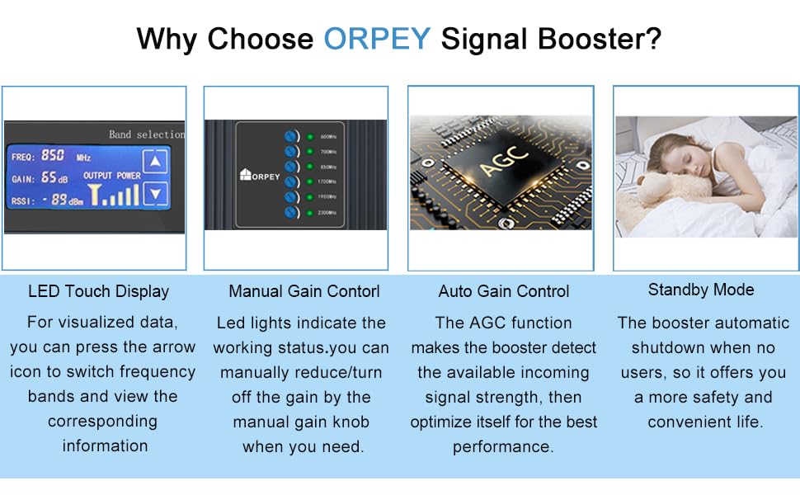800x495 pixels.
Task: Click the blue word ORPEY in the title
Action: click(x=378, y=39)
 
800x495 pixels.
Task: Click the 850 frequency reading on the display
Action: click(x=53, y=155)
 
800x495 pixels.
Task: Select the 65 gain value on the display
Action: click(x=49, y=177)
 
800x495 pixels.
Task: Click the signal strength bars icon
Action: click(x=115, y=194)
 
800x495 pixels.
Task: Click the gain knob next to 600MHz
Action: click(x=290, y=136)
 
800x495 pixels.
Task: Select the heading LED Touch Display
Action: click(x=98, y=291)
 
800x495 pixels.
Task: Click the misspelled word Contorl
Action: click(x=351, y=291)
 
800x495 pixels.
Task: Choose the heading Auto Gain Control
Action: click(x=504, y=291)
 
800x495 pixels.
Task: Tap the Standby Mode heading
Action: click(x=701, y=290)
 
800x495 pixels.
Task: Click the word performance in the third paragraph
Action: click(x=502, y=446)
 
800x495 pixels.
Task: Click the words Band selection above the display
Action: click(x=147, y=134)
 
